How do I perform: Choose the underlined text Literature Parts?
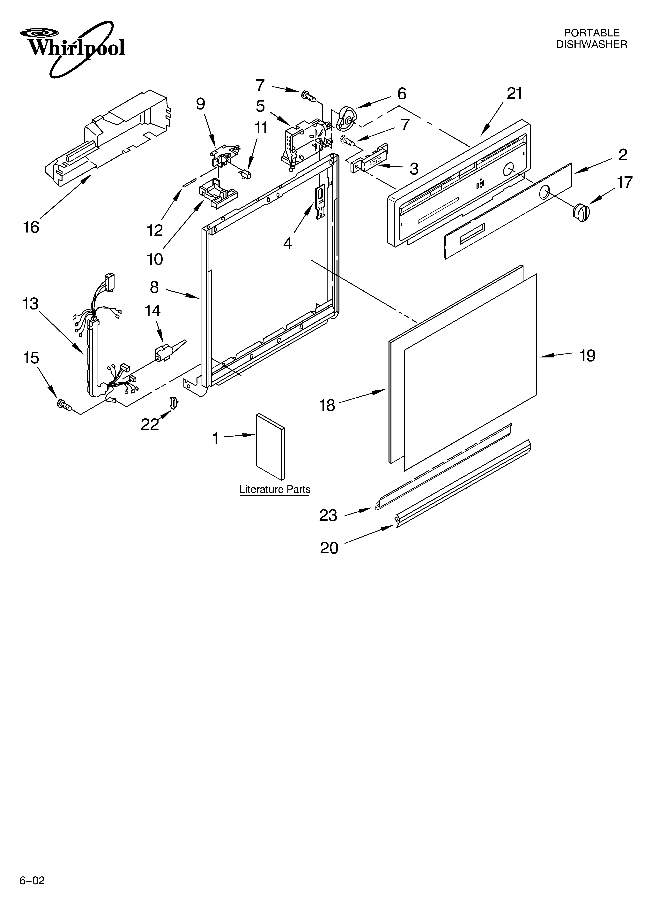coord(275,489)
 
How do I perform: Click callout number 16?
coord(31,227)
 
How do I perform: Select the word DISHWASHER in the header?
coord(591,44)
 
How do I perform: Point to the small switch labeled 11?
coord(247,174)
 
